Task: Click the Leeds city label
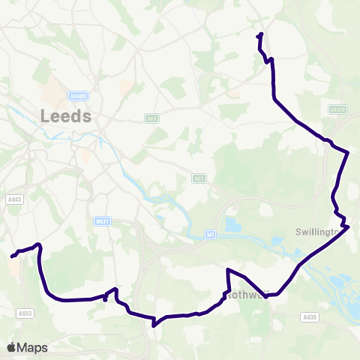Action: tap(67, 116)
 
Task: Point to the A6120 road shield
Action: tap(338, 109)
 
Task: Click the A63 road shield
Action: tap(199, 178)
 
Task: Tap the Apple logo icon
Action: tap(11, 347)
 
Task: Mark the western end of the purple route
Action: tap(12, 256)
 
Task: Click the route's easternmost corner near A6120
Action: tap(349, 153)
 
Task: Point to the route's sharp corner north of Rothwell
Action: tap(227, 269)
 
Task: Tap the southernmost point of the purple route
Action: tap(154, 325)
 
